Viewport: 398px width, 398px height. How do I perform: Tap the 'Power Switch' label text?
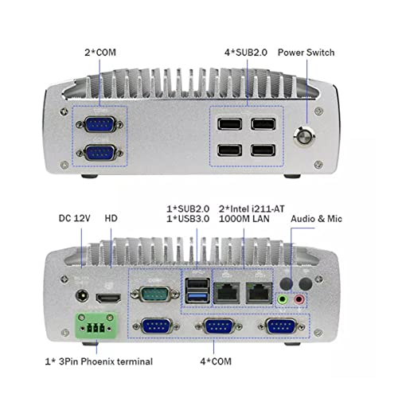306,53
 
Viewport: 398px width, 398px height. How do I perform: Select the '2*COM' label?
100,53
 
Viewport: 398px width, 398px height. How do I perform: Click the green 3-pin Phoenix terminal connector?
96,326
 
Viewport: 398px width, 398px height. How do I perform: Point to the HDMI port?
108,298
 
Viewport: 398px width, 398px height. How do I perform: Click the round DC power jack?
82,295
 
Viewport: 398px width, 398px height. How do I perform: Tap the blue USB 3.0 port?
197,297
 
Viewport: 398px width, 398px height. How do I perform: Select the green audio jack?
283,300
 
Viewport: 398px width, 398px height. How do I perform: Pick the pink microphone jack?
299,300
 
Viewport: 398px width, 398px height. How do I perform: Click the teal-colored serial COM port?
155,294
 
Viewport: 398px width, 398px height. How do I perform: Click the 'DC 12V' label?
74,218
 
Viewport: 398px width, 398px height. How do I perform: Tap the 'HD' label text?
111,218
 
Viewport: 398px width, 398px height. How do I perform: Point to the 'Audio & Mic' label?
316,219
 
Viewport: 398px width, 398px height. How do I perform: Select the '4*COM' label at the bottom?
216,361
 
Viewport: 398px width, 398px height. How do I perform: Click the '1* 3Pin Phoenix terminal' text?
99,361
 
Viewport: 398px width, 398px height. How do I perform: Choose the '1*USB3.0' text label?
188,219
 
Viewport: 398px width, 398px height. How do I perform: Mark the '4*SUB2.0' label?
246,53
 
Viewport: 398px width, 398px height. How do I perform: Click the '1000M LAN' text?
244,219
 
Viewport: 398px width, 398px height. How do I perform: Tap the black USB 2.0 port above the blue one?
197,284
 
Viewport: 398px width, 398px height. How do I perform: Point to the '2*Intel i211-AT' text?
252,209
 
